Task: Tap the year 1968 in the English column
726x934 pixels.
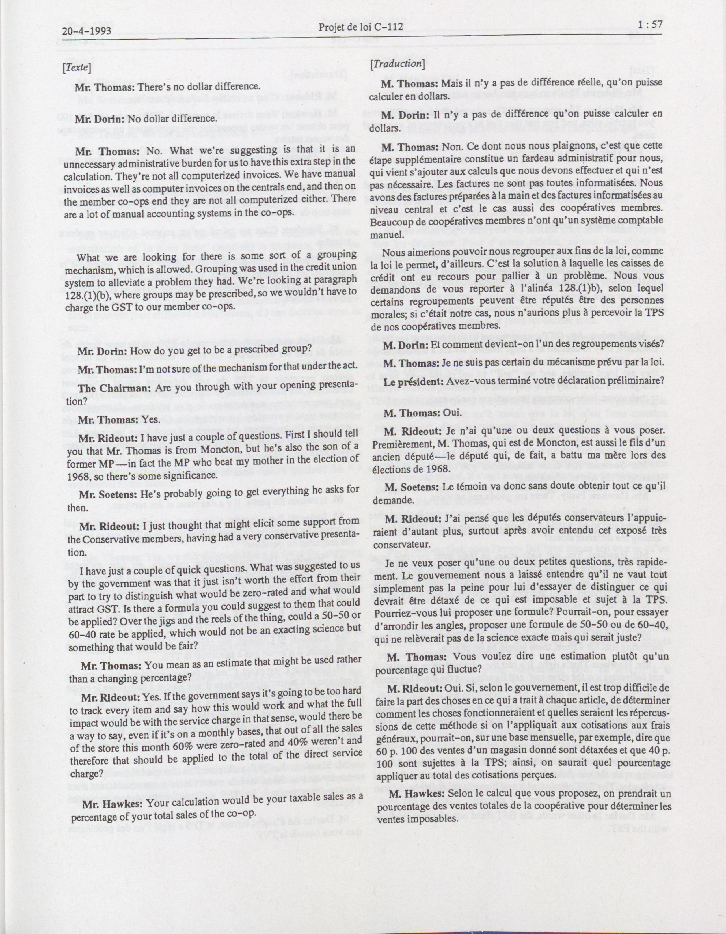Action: tap(77, 476)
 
